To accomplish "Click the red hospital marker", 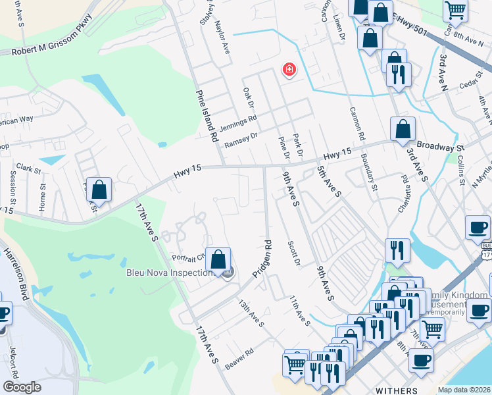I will tap(288, 70).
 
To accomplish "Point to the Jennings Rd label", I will tap(237, 122).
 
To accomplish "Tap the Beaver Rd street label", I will tap(239, 356).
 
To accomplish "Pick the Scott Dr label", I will tap(293, 253).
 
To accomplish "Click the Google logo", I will tap(22, 387).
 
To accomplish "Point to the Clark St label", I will tap(28, 169).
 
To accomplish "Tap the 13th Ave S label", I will tap(251, 313).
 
